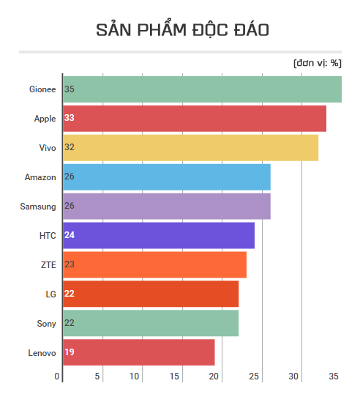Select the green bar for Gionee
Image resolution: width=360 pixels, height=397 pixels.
tap(202, 89)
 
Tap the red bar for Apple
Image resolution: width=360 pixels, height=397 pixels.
tap(195, 118)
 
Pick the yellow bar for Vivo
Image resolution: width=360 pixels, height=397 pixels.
tap(191, 147)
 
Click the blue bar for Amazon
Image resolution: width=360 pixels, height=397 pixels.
tap(167, 177)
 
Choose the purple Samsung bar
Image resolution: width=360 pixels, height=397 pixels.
tap(167, 206)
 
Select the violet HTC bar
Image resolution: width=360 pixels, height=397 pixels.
tap(159, 235)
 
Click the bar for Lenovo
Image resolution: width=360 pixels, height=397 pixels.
tap(139, 352)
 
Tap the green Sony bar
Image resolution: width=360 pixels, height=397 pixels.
tap(151, 323)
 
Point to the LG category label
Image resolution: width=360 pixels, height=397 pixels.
tap(50, 294)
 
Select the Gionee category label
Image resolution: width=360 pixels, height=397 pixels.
tap(42, 89)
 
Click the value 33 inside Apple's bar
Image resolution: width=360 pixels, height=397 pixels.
tap(70, 118)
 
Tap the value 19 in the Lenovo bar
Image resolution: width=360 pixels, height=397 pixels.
tap(70, 352)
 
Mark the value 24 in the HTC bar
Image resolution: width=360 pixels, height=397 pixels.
tap(70, 235)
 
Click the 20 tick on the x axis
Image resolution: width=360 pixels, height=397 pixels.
tap(214, 376)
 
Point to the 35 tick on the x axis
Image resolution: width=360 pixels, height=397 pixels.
tap(334, 376)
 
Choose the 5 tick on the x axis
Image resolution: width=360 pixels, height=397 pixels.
tap(97, 376)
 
